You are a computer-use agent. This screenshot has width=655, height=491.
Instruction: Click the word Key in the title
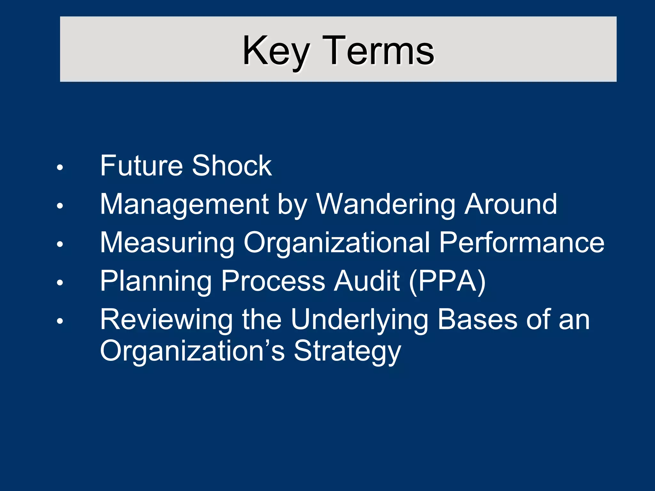pos(276,51)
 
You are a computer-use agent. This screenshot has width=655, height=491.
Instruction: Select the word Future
pos(141,166)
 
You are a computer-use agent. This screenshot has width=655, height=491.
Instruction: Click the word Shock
pos(232,166)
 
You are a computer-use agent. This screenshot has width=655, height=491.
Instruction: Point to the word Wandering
pos(386,205)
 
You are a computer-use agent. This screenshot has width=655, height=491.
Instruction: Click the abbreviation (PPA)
pos(447,281)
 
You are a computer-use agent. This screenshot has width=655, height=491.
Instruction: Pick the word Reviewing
pos(166,320)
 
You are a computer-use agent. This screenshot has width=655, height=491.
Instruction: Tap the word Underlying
pos(359,320)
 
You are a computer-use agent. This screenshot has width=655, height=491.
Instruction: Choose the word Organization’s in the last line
pos(192,351)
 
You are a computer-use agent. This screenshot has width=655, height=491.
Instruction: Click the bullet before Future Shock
pos(60,168)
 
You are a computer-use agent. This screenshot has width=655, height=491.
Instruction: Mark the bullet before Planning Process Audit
pos(60,283)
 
